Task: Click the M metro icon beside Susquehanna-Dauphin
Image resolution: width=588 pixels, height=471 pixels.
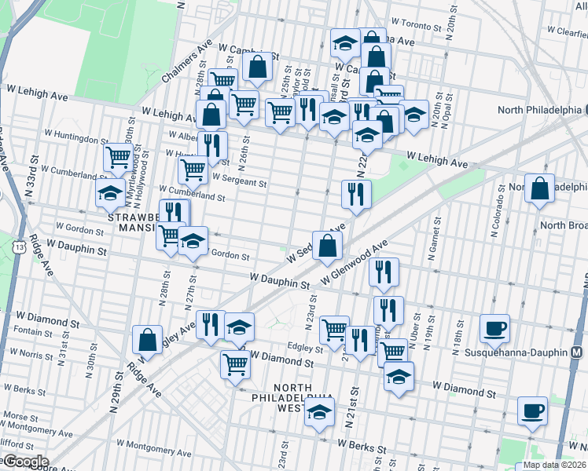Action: coord(577,353)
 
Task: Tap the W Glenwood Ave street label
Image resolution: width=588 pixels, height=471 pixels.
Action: coord(355,266)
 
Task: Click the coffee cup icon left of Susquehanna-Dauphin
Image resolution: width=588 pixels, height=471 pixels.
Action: coord(495,327)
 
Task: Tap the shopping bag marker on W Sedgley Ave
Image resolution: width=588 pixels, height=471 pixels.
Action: coord(328,244)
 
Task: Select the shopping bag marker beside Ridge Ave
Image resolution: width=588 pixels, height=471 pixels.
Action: coord(147,340)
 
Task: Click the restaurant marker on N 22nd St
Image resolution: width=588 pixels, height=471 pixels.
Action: coord(356,193)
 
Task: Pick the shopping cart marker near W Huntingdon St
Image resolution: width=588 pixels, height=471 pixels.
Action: coord(118,157)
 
